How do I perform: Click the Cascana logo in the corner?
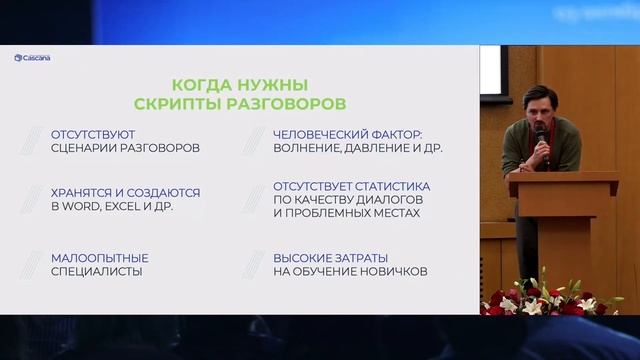pos(32,57)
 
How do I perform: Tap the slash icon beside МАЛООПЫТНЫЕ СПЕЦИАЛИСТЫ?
pos(39,263)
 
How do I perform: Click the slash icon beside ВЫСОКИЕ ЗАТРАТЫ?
pos(253,263)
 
